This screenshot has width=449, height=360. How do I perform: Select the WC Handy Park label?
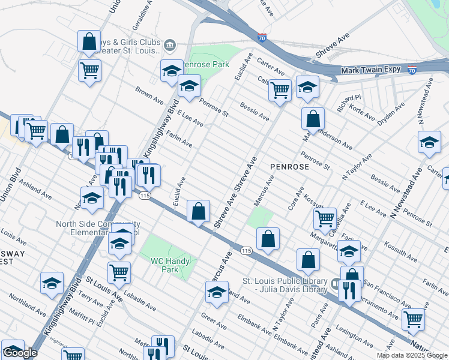(x=170, y=265)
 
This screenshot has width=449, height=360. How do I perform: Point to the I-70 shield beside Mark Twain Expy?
(x=412, y=70)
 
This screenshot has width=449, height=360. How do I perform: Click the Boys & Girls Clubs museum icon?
(x=170, y=44)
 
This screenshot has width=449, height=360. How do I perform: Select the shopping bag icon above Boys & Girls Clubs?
(x=89, y=42)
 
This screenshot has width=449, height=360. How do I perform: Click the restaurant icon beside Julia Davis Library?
(x=349, y=290)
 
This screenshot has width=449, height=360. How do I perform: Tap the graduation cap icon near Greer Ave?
(x=217, y=292)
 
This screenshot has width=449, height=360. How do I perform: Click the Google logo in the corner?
(x=20, y=353)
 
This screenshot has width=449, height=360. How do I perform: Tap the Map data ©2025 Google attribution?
(x=412, y=355)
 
